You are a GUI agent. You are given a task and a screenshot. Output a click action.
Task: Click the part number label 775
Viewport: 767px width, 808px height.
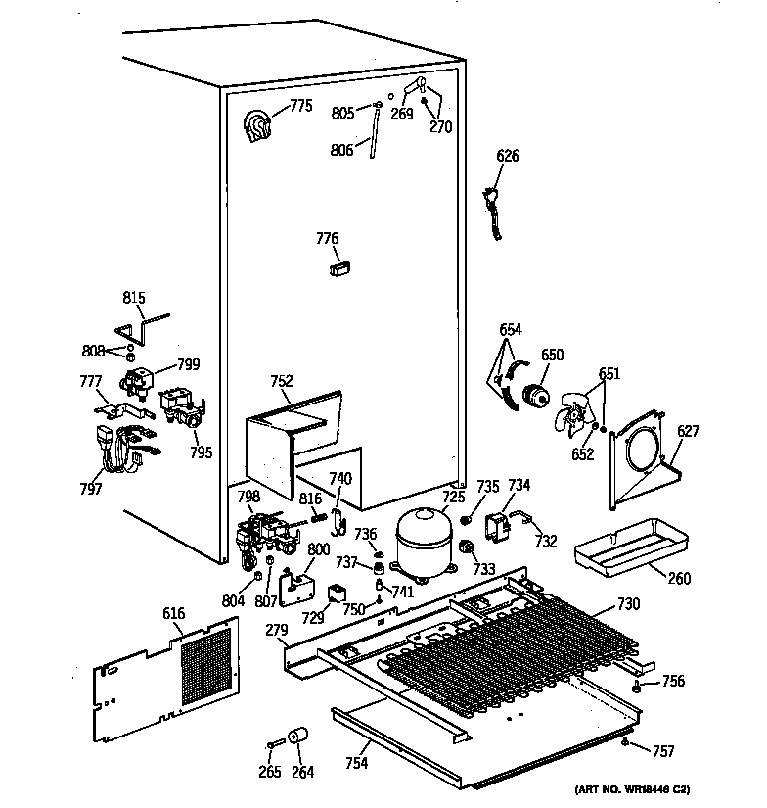[299, 107]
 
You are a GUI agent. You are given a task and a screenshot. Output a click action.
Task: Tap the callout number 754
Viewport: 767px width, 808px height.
[356, 763]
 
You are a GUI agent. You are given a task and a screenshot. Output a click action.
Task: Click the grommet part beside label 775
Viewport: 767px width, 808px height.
[258, 128]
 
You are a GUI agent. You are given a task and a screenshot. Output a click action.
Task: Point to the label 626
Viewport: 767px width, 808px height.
[507, 156]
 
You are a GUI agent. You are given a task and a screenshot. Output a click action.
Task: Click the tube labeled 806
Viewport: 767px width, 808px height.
[374, 137]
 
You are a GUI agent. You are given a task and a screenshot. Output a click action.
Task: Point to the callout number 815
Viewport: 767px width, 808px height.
[133, 300]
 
